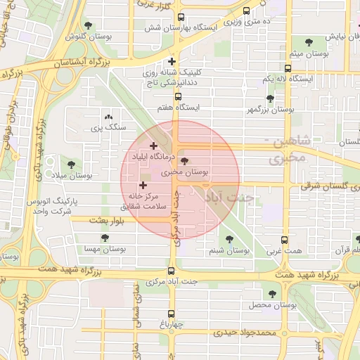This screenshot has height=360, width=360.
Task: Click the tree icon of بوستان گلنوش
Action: click(88, 25)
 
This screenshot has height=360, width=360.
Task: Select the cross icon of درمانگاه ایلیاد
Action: click(153, 146)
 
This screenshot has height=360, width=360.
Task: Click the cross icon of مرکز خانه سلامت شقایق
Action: click(143, 185)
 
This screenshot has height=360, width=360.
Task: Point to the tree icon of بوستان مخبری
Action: click(185, 161)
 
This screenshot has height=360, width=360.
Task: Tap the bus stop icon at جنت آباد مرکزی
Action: click(172, 271)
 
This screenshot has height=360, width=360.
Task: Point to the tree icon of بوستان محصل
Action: click(272, 294)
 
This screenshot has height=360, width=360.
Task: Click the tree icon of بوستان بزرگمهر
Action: click(270, 98)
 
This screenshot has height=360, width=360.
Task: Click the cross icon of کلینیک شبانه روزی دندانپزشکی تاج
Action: click(181, 61)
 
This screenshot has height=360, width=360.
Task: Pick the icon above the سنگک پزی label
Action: click(108, 117)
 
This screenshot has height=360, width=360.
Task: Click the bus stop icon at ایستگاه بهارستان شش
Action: click(181, 18)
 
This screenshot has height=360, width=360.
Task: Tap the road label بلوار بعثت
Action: click(107, 220)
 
